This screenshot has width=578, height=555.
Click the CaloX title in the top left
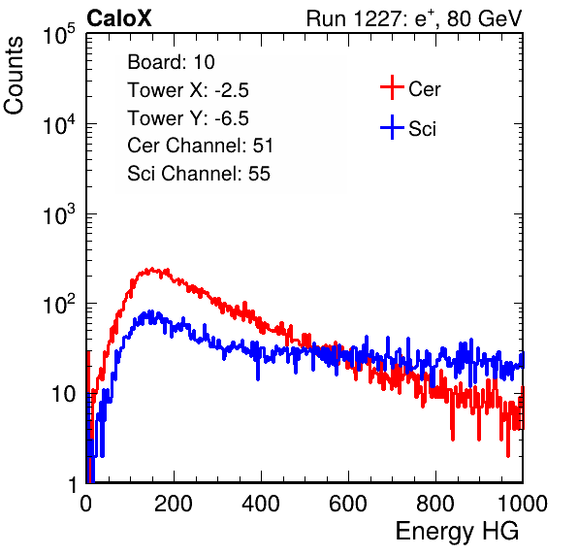pyautogui.click(x=118, y=18)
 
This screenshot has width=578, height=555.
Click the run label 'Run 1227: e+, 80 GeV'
pyautogui.click(x=414, y=18)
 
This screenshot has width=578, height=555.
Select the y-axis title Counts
pyautogui.click(x=14, y=76)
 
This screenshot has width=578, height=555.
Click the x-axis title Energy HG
pyautogui.click(x=458, y=531)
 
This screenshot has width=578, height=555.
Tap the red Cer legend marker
pyautogui.click(x=392, y=87)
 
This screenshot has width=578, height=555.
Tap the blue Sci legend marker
pyautogui.click(x=392, y=127)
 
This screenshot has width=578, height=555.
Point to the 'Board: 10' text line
pyautogui.click(x=171, y=62)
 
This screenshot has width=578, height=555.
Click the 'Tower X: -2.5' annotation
pyautogui.click(x=188, y=90)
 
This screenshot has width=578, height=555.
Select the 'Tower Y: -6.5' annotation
pyautogui.click(x=188, y=118)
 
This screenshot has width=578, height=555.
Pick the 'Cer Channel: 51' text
pyautogui.click(x=200, y=146)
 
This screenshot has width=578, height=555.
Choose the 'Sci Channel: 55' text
pyautogui.click(x=199, y=174)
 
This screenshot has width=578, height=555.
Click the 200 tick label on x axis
pyautogui.click(x=174, y=504)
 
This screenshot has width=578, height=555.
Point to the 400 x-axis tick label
pyautogui.click(x=261, y=504)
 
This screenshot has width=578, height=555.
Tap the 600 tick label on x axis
pyautogui.click(x=348, y=504)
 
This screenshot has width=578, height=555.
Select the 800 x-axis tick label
pyautogui.click(x=435, y=504)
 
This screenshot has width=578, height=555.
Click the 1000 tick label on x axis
pyautogui.click(x=523, y=504)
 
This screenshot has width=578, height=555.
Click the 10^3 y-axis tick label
pyautogui.click(x=59, y=214)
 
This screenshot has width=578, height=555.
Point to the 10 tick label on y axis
pyautogui.click(x=63, y=394)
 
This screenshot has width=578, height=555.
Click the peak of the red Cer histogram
pyautogui.click(x=151, y=269)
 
